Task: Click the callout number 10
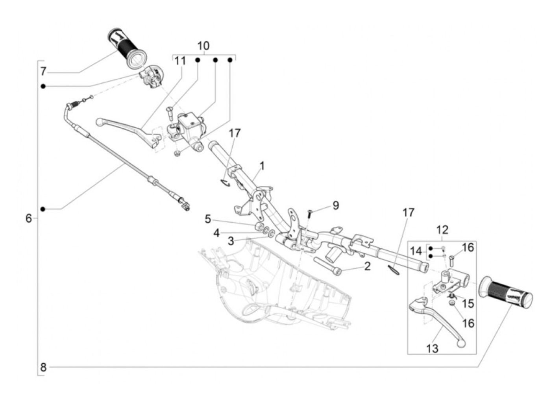tap(203, 46)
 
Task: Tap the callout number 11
tap(180, 61)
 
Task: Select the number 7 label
tap(43, 72)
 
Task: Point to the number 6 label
tap(29, 218)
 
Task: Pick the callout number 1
tap(262, 166)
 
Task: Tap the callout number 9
tap(336, 205)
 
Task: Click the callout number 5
tap(208, 219)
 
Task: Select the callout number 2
tap(367, 266)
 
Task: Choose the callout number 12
tap(442, 230)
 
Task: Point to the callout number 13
tap(432, 349)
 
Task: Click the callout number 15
tap(468, 303)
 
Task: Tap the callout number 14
tap(416, 251)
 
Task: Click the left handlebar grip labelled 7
tap(127, 48)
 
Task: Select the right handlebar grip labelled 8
tap(506, 292)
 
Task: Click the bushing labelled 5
tap(259, 226)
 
